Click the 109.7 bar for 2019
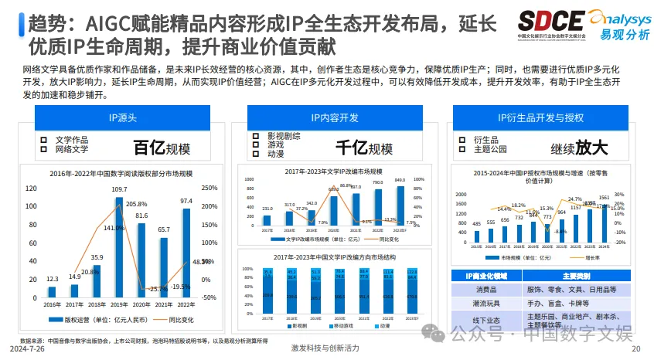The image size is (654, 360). point(119,248)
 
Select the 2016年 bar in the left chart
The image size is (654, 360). point(52,293)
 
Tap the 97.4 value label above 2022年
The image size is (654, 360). point(186,201)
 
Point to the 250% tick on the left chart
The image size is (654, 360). point(209,188)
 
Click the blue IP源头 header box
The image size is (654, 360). point(122,118)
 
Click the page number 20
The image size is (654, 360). point(635,349)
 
